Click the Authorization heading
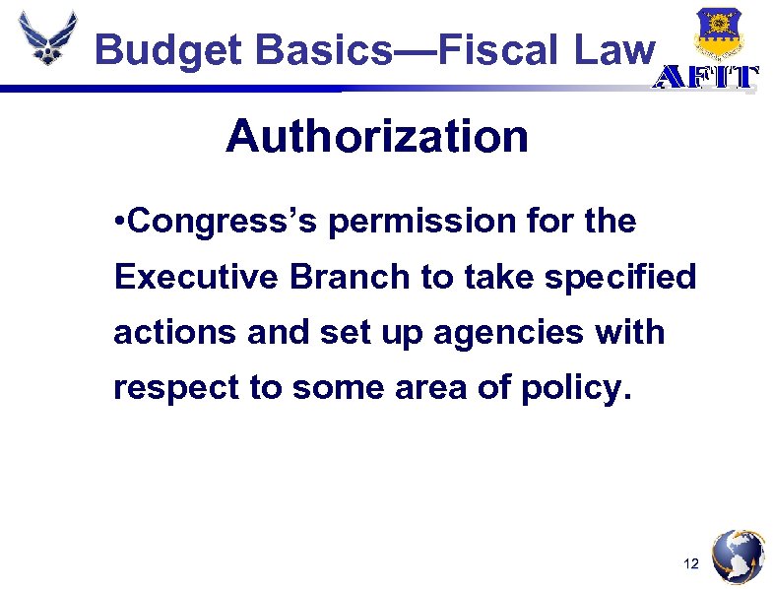coord(376,137)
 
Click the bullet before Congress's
coord(119,222)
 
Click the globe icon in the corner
coord(738,556)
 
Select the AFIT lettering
coord(706,79)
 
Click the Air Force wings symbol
coord(46,38)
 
